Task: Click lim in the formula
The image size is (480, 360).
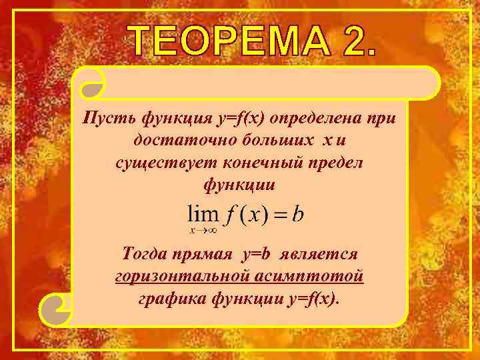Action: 203,215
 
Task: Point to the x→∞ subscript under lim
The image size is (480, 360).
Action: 203,231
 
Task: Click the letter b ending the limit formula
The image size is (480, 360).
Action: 299,215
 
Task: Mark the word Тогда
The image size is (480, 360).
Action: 148,254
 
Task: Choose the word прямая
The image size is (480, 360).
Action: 205,254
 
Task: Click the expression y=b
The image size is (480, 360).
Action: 256,254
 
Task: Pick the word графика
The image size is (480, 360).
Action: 167,298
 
